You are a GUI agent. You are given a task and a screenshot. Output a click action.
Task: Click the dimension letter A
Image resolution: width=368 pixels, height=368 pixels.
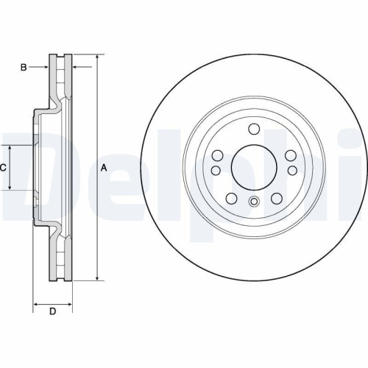(x=104, y=168)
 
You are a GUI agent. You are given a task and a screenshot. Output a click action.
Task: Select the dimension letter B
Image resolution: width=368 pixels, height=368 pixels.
(x=24, y=68)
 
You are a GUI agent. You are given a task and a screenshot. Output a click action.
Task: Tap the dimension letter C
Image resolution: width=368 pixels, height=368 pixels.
(x=3, y=168)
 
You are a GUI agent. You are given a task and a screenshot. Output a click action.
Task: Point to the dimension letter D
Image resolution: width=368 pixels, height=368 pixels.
(x=52, y=312)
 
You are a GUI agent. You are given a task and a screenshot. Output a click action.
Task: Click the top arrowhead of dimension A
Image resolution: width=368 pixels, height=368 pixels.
(x=96, y=57)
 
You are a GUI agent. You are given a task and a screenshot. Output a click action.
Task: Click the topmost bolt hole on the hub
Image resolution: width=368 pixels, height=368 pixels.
(x=254, y=130)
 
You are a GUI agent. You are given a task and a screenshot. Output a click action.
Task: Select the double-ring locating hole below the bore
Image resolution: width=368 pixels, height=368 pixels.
(x=254, y=203)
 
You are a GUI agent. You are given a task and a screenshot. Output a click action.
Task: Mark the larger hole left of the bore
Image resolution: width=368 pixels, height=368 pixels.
(x=218, y=155)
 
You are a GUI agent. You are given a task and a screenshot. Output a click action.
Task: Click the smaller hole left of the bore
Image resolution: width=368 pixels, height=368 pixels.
(x=216, y=171)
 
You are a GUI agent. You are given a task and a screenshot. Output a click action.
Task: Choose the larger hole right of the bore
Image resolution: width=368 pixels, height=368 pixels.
(x=290, y=155)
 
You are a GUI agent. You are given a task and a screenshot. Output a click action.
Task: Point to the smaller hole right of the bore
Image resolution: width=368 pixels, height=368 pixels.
(x=292, y=171)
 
